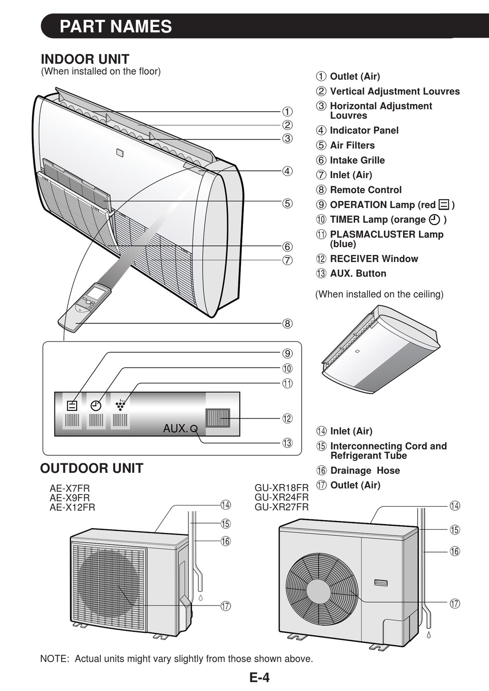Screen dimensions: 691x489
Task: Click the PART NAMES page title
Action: click(x=116, y=27)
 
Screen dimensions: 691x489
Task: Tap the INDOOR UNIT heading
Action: click(x=85, y=59)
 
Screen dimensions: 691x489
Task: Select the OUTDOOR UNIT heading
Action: click(x=92, y=469)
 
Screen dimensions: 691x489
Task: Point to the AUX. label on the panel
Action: click(x=175, y=428)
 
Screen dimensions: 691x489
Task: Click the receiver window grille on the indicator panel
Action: click(x=218, y=418)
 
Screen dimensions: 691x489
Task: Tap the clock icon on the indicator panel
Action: click(x=96, y=405)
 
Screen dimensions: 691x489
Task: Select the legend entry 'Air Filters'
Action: click(x=352, y=145)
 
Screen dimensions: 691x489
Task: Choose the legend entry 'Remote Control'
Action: click(x=365, y=189)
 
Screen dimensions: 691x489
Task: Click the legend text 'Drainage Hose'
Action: click(x=365, y=471)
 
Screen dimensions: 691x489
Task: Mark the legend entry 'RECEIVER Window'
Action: click(x=374, y=259)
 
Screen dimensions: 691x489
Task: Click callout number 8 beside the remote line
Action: click(x=287, y=324)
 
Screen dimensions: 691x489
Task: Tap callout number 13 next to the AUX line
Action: click(x=287, y=443)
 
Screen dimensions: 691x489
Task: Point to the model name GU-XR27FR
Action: click(x=282, y=507)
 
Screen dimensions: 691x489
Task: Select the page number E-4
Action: click(x=259, y=678)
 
